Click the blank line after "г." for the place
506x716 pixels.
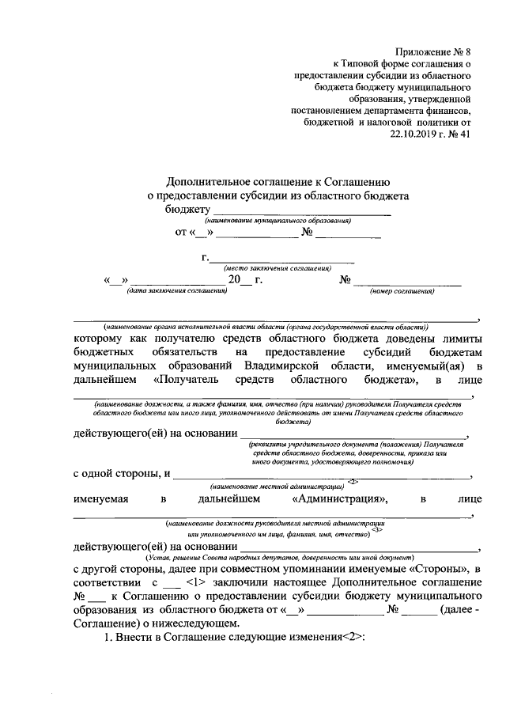click(281, 260)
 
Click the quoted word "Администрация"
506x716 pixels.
click(339, 499)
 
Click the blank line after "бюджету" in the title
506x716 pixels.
click(300, 210)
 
